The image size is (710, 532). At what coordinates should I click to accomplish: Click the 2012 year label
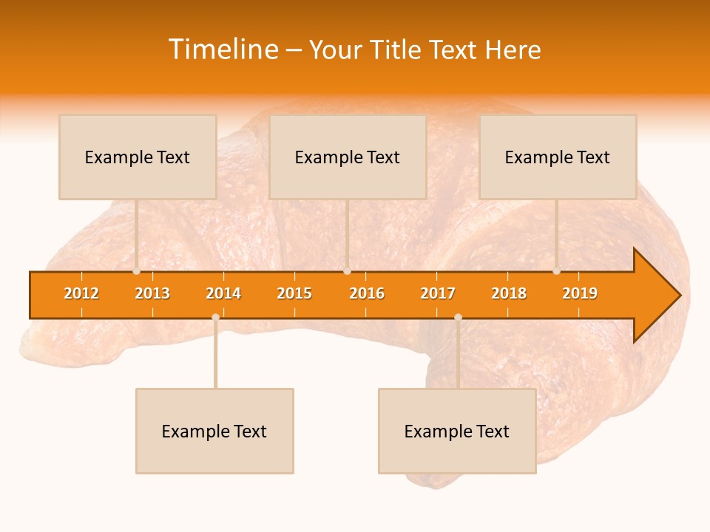pyautogui.click(x=81, y=293)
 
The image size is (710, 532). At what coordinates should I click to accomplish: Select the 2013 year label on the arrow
pyautogui.click(x=152, y=293)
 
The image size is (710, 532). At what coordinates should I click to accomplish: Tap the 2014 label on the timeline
pyautogui.click(x=223, y=293)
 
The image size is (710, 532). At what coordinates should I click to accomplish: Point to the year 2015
pyautogui.click(x=294, y=293)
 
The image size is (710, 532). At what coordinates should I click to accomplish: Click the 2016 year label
pyautogui.click(x=367, y=293)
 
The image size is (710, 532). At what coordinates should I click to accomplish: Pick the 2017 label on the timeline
pyautogui.click(x=438, y=293)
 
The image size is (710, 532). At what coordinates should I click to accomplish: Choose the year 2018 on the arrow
pyautogui.click(x=509, y=293)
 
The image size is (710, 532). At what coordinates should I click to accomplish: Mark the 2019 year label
pyautogui.click(x=580, y=293)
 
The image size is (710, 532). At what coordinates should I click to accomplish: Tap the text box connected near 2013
pyautogui.click(x=138, y=157)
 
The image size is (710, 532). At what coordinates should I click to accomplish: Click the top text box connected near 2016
pyautogui.click(x=348, y=157)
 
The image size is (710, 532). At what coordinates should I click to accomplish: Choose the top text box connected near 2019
pyautogui.click(x=558, y=157)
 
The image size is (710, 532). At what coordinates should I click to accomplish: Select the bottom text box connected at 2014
pyautogui.click(x=214, y=431)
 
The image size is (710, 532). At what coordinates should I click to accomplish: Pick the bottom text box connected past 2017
pyautogui.click(x=457, y=431)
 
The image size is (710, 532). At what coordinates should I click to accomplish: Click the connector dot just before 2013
pyautogui.click(x=136, y=271)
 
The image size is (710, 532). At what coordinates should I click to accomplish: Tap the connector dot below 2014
pyautogui.click(x=215, y=317)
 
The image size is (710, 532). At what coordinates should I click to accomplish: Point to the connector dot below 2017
pyautogui.click(x=458, y=317)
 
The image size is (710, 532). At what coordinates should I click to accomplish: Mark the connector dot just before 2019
pyautogui.click(x=556, y=271)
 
